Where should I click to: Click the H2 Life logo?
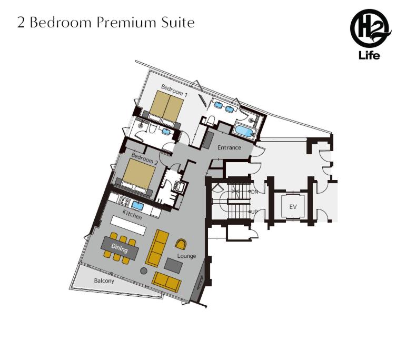pos(370,34)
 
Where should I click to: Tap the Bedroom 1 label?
pos(174,91)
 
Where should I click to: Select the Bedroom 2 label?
pos(144,158)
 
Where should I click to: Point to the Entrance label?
pos(229,147)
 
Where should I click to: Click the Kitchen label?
pos(132,215)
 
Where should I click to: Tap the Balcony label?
pos(104,281)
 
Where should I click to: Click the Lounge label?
pos(186,256)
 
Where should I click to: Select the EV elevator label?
pos(293,207)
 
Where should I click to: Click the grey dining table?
pos(120,248)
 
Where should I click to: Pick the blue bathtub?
pos(243,131)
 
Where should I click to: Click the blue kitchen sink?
pos(137,206)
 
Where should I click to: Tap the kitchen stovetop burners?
pos(124,202)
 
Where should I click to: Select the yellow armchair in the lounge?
pos(181,244)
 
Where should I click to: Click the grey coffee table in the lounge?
pos(173,265)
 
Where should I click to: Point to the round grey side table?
pos(144,271)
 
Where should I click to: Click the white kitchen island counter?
pos(128,225)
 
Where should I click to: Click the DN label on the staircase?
pos(254,192)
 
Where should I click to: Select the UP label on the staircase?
pos(254,212)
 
